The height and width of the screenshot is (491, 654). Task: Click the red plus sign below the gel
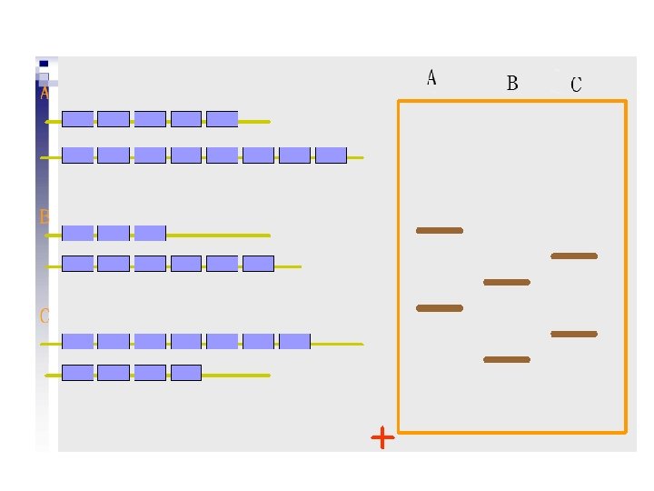point(383,438)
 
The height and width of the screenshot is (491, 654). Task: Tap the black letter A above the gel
point(431,78)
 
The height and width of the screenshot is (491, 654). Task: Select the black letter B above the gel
point(512,84)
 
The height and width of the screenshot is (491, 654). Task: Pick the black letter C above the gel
point(576,85)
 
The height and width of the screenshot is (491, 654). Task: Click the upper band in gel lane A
point(440,231)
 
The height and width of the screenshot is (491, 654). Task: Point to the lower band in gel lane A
point(440,308)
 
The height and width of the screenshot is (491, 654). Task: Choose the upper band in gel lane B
point(507,283)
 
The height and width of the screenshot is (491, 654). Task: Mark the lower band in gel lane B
point(507,360)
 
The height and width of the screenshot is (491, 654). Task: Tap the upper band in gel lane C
point(574,256)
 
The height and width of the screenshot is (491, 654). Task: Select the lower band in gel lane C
point(574,335)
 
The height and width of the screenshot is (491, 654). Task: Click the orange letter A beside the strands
point(44,93)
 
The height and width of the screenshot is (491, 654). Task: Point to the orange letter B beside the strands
point(44,217)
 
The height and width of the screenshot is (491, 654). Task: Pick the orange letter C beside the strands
point(44,316)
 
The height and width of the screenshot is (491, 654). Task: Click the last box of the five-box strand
point(222,119)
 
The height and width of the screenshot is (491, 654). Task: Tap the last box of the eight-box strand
point(331,155)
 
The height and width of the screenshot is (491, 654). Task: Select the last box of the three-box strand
point(150,233)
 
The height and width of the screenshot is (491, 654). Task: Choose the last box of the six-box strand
point(258,264)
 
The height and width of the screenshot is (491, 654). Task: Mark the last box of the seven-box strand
point(294,341)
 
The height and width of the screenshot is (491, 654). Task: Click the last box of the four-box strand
point(185,372)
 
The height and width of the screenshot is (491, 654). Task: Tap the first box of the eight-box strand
point(77,155)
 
